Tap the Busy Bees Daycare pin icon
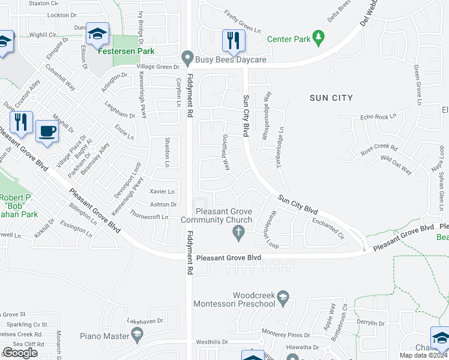pos(188,59)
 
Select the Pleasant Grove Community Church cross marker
pos(239,233)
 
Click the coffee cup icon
pos(47,130)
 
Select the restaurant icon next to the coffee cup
pos(22,122)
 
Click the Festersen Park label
pos(126,51)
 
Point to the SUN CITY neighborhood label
pos(331,97)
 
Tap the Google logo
pos(20,353)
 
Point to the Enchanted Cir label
pos(328,229)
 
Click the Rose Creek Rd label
pos(379,147)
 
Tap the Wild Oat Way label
pos(396,165)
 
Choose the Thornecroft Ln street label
pos(149,217)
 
